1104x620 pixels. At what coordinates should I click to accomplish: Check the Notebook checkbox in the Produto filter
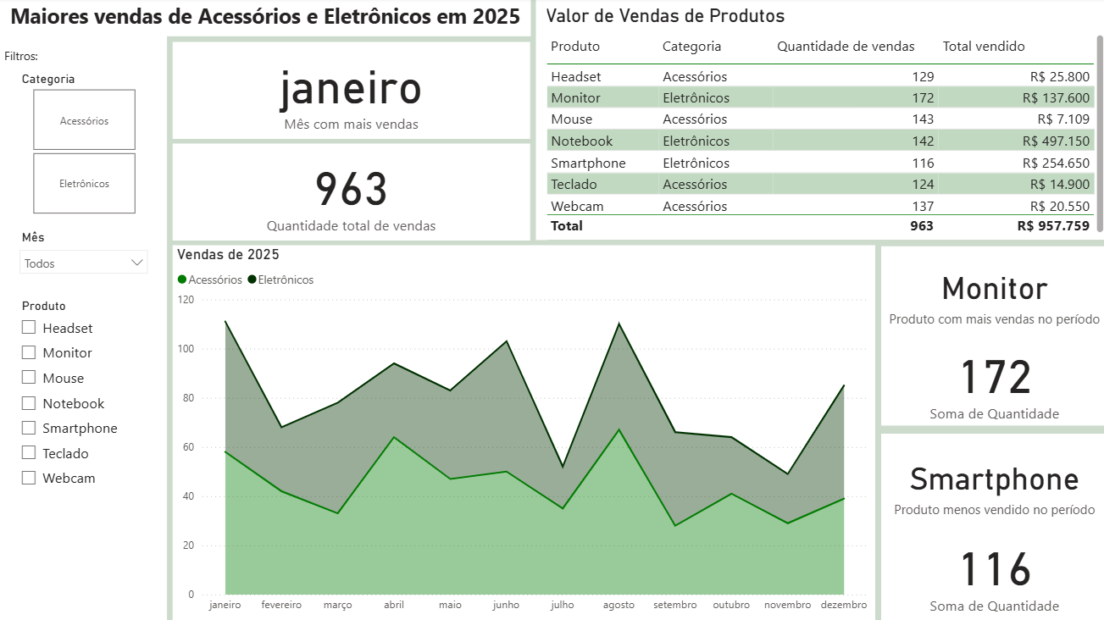pyautogui.click(x=29, y=403)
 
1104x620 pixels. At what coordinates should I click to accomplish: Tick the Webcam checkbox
pyautogui.click(x=29, y=478)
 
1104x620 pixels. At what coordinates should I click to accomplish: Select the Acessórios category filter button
pyautogui.click(x=84, y=119)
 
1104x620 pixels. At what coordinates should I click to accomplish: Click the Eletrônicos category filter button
pyautogui.click(x=84, y=183)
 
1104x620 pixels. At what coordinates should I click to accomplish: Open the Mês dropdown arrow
pyautogui.click(x=137, y=263)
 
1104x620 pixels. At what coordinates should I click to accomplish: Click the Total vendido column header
pyautogui.click(x=984, y=47)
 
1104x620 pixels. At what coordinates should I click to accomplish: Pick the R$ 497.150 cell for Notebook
pyautogui.click(x=1056, y=141)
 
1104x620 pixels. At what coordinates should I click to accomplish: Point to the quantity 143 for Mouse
pyautogui.click(x=923, y=119)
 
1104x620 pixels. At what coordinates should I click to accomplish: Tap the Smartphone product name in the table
pyautogui.click(x=588, y=163)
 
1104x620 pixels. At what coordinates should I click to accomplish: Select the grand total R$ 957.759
pyautogui.click(x=1053, y=225)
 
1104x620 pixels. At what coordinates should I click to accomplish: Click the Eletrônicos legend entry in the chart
pyautogui.click(x=280, y=280)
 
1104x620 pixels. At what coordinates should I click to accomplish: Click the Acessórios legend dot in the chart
pyautogui.click(x=182, y=280)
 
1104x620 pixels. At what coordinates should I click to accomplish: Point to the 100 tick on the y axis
pyautogui.click(x=186, y=349)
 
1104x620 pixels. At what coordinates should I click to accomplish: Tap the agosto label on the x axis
pyautogui.click(x=619, y=605)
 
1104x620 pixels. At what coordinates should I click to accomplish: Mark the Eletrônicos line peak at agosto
pyautogui.click(x=619, y=324)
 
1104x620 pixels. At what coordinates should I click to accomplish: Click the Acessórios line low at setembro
pyautogui.click(x=674, y=525)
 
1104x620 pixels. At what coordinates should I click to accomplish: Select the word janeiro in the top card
pyautogui.click(x=351, y=90)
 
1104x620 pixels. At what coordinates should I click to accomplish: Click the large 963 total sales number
pyautogui.click(x=351, y=189)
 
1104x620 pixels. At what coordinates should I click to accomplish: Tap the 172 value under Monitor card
pyautogui.click(x=995, y=377)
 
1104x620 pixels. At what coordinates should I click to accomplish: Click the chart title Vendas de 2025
pyautogui.click(x=228, y=254)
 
